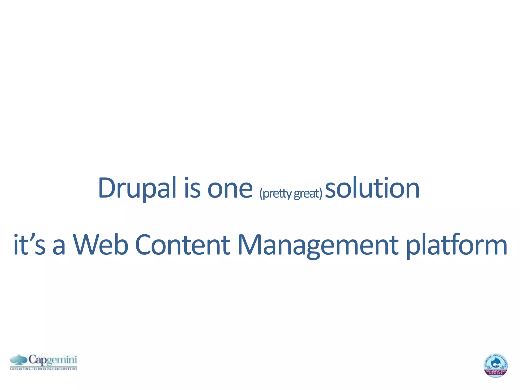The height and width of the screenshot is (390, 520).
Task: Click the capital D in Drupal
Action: point(107,188)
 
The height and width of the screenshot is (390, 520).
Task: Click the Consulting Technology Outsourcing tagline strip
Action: point(44,368)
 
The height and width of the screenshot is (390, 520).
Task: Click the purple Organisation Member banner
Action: point(496,372)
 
